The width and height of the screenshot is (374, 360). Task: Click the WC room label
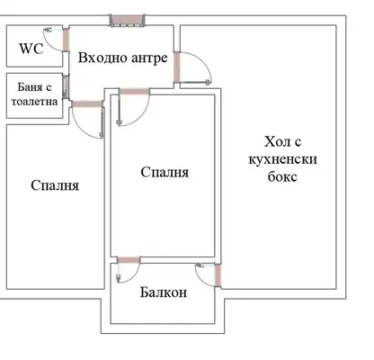point(31,49)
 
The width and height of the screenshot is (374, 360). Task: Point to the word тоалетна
point(34,102)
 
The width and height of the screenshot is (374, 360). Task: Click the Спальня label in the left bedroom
point(55,185)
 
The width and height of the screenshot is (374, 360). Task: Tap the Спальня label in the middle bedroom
point(165,172)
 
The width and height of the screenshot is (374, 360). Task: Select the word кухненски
point(282,159)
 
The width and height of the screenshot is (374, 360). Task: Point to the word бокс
point(282,176)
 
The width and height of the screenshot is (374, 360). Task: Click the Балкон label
point(164,292)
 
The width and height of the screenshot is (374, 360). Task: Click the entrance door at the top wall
point(127,21)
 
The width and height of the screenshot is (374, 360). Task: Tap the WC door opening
point(66,40)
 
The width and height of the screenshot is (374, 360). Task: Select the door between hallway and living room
point(177,67)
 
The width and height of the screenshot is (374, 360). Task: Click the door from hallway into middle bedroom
point(134,91)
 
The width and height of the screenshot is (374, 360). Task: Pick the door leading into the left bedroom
point(87,103)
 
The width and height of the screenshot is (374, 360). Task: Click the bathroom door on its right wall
point(65,87)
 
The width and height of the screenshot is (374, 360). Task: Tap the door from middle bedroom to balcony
point(129,260)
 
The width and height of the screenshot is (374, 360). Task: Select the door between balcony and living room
point(218,275)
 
